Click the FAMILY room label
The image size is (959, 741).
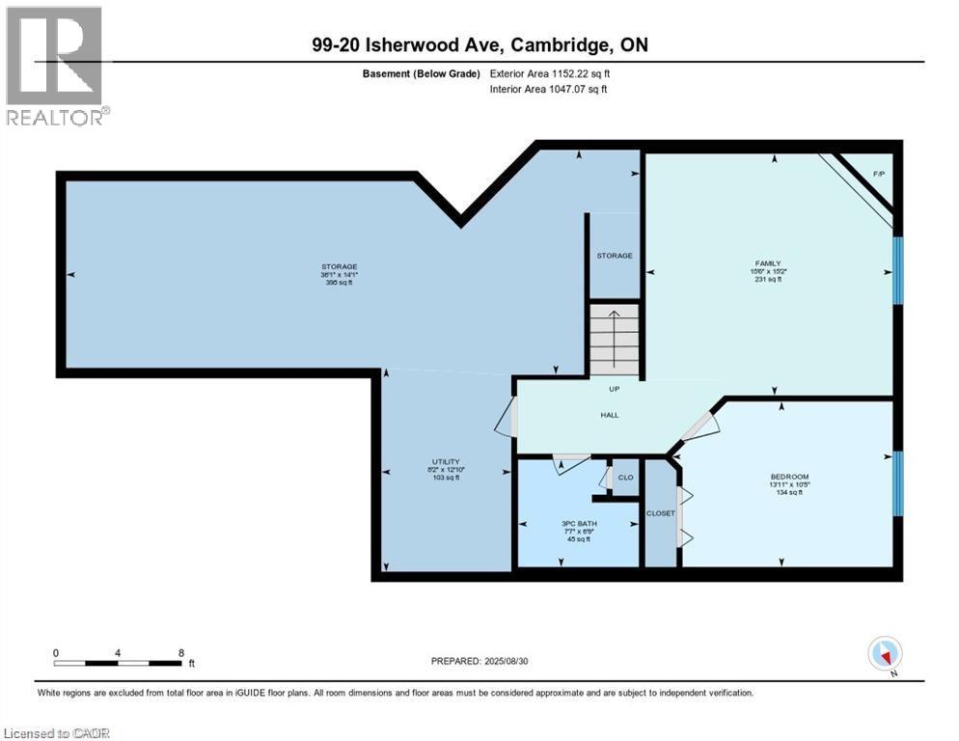coord(768,263)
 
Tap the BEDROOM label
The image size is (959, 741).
coord(788,477)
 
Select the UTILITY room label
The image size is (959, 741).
coord(445,461)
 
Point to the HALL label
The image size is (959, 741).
coord(609,415)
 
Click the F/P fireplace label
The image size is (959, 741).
coord(878,174)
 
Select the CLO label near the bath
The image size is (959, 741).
coord(625,477)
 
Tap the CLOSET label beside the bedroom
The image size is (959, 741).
coord(661,513)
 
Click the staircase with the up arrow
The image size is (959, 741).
coord(614,339)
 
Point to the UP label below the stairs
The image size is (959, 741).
coord(614,390)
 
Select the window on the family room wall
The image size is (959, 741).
coord(897,270)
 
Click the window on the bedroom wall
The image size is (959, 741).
coord(897,482)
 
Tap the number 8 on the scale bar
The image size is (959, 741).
coord(180,653)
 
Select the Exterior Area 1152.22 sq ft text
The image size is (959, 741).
coord(550,73)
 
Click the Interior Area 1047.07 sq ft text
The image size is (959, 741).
coord(549,89)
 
